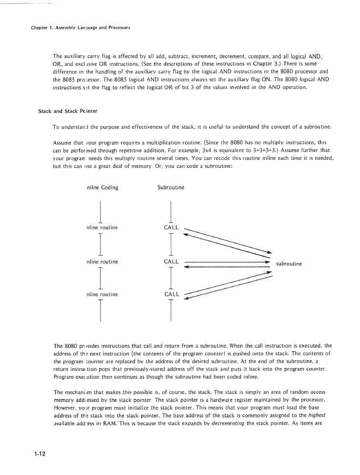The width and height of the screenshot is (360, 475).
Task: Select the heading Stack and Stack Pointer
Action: (x=64, y=111)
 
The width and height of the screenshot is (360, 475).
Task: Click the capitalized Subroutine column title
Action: (x=170, y=188)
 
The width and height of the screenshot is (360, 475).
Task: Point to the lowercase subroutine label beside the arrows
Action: (x=289, y=264)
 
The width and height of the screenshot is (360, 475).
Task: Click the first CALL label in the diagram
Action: (x=171, y=228)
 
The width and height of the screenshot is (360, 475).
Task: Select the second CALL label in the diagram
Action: (x=171, y=261)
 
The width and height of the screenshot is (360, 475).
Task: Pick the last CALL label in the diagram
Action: (x=171, y=295)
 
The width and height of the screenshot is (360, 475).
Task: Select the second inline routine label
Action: (x=102, y=261)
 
